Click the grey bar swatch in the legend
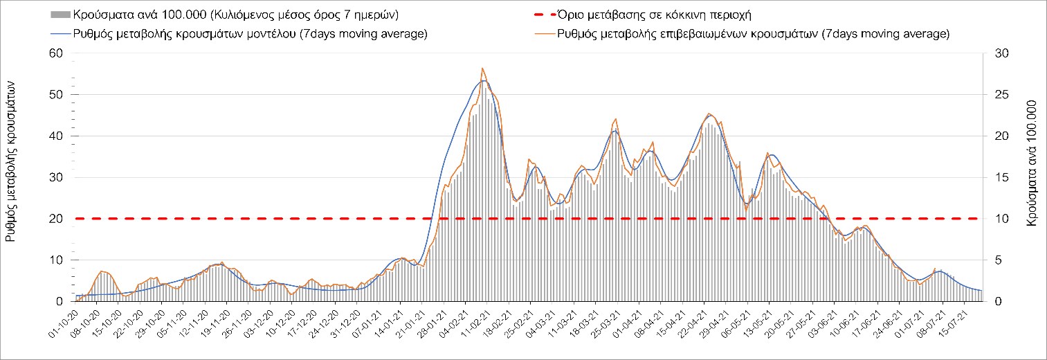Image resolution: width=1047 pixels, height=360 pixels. (60, 15)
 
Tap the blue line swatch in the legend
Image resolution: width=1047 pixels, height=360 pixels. (60, 34)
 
